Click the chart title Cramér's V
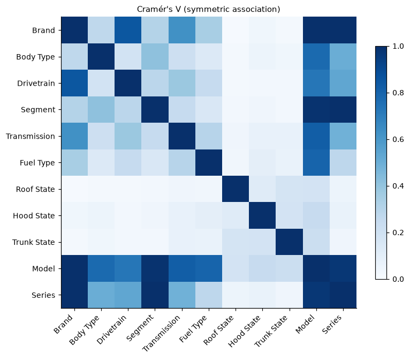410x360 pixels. click(159, 9)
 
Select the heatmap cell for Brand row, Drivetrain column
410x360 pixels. click(128, 30)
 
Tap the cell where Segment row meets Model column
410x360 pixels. click(316, 110)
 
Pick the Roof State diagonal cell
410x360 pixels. click(236, 189)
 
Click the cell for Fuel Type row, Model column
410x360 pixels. click(316, 162)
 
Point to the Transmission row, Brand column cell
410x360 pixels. click(74, 136)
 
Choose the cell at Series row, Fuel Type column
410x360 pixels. click(209, 295)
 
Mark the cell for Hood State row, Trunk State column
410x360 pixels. click(289, 215)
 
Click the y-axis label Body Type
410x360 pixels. click(35, 57)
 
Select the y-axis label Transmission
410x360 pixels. click(31, 136)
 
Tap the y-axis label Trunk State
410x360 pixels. click(34, 242)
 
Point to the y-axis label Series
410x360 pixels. click(43, 295)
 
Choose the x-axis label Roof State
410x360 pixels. click(218, 330)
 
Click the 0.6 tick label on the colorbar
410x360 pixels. click(398, 139)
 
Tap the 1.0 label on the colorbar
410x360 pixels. click(398, 46)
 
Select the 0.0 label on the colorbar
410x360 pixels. click(398, 279)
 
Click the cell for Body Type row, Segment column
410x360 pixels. click(155, 57)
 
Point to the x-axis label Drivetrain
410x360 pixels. click(112, 329)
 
